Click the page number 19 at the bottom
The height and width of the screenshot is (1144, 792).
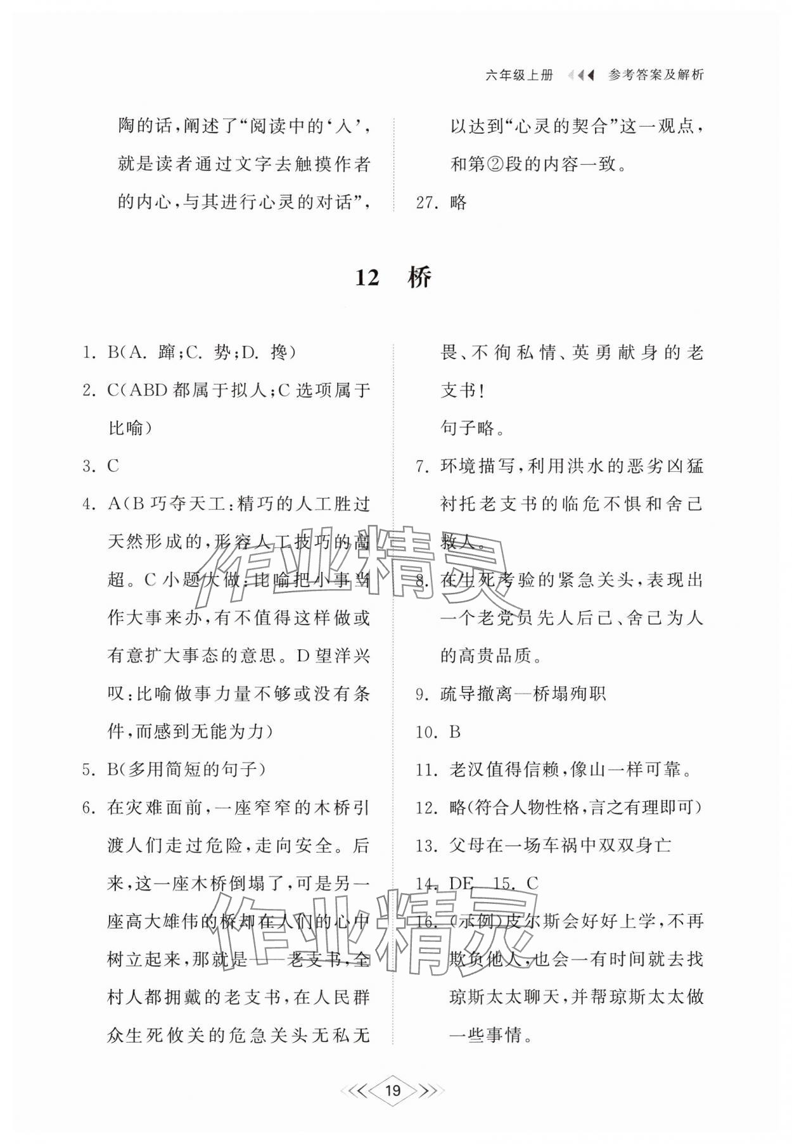click(x=393, y=1090)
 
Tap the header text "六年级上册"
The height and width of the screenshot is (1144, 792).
click(x=519, y=75)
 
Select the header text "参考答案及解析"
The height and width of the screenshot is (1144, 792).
click(x=656, y=75)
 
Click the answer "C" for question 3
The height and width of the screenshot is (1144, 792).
click(x=113, y=466)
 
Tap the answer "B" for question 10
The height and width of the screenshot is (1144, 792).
click(x=454, y=732)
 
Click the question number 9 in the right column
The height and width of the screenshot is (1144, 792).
click(x=423, y=694)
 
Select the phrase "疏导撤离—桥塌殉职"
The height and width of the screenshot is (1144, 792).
click(x=523, y=694)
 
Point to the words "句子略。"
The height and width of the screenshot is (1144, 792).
click(x=473, y=429)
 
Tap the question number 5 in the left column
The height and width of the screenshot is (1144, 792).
click(x=89, y=770)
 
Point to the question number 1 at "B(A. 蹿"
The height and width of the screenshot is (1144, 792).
click(x=89, y=353)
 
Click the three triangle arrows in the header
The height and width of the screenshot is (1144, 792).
click(x=581, y=75)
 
